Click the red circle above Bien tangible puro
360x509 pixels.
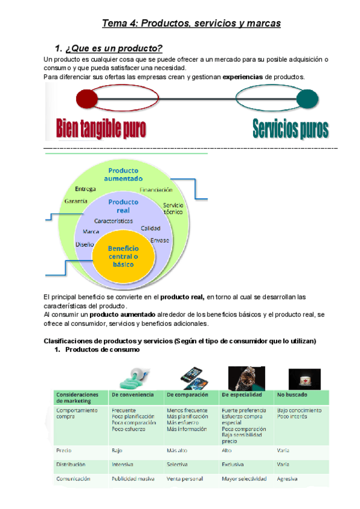click(x=87, y=97)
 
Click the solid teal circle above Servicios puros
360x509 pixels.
click(x=308, y=97)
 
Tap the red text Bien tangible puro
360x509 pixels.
click(x=101, y=128)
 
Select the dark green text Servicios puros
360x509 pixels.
click(x=290, y=128)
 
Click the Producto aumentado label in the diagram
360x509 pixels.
click(x=123, y=174)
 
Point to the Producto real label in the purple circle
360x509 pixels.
click(x=123, y=206)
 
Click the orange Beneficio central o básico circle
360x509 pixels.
click(x=123, y=256)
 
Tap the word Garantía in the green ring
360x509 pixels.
click(x=76, y=201)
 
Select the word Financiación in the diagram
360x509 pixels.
click(x=156, y=190)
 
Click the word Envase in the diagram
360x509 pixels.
click(x=160, y=240)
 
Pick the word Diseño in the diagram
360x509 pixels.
click(x=85, y=244)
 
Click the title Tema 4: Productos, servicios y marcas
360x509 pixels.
click(x=191, y=23)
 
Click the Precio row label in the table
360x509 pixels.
click(x=64, y=450)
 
